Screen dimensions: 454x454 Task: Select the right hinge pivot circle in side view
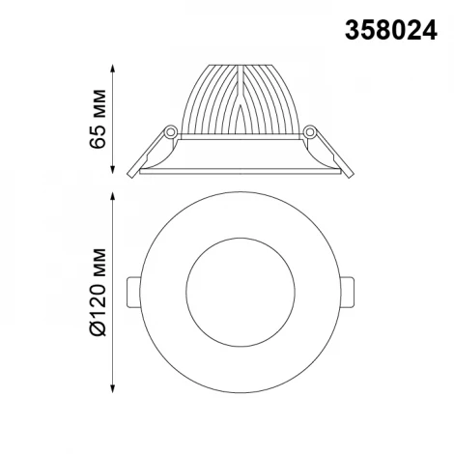coord(310,130)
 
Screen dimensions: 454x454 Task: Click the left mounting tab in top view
coord(134,289)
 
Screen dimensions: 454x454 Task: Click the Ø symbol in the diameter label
coord(96,329)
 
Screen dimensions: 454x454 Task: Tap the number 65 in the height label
coord(96,135)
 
